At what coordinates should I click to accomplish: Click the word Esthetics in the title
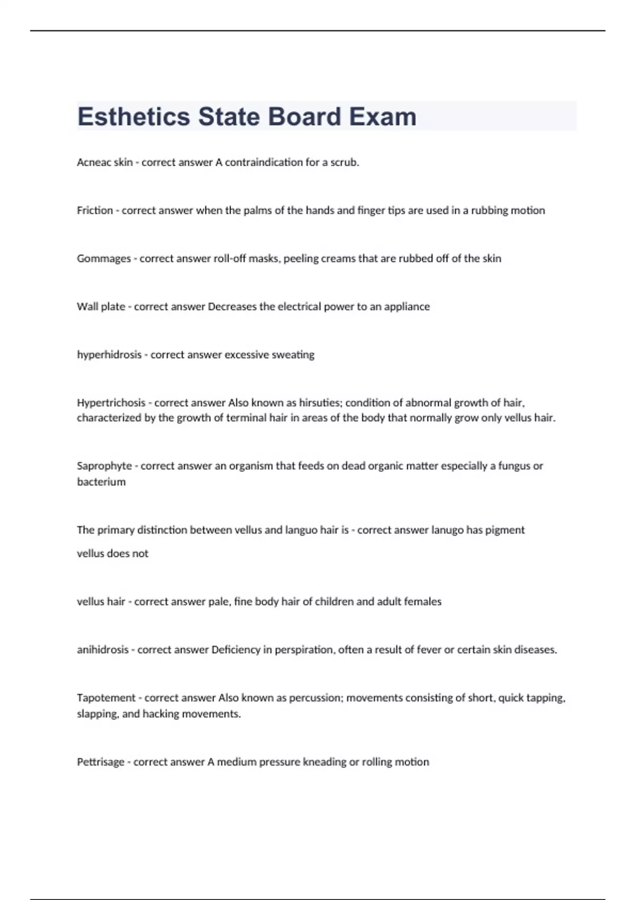point(134,116)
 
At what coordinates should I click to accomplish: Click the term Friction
point(95,210)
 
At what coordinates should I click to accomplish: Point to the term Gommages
point(104,258)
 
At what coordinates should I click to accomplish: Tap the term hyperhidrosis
point(109,355)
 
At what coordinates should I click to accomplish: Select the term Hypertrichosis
point(111,403)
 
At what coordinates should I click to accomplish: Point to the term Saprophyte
point(104,466)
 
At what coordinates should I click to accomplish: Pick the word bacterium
point(101,482)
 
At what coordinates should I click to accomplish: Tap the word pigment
point(504,530)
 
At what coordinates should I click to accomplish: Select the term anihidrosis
point(102,650)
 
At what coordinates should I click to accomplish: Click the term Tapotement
point(106,698)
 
